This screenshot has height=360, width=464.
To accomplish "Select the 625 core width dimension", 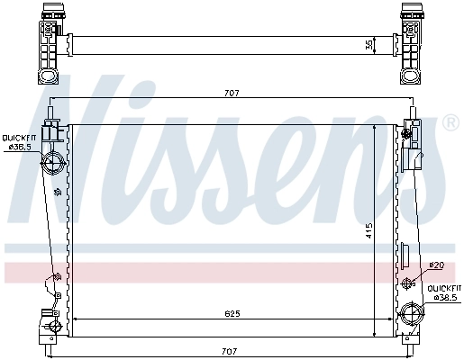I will pos(232,313).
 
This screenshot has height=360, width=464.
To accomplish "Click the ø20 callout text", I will pos(437,265).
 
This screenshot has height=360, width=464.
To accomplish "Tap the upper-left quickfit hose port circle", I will pos(52,164).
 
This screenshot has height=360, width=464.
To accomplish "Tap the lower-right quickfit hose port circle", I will pos(412,316).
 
